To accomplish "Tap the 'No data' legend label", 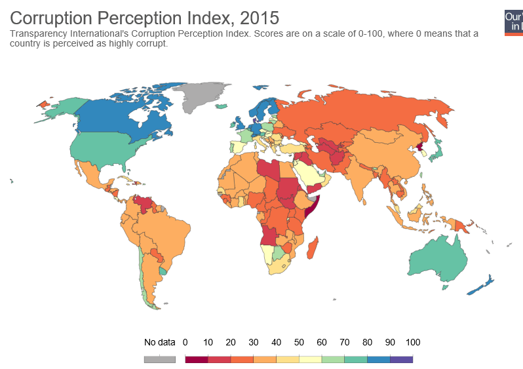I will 159,342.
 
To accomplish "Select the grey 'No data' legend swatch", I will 159,359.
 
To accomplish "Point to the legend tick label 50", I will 299,342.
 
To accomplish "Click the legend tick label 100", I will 412,342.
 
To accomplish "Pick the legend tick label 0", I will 185,342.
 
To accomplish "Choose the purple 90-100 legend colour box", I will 401,359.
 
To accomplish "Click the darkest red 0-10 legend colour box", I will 197,359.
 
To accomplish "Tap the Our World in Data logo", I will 513,22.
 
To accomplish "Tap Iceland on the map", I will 221,106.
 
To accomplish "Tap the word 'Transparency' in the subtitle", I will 40,33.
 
